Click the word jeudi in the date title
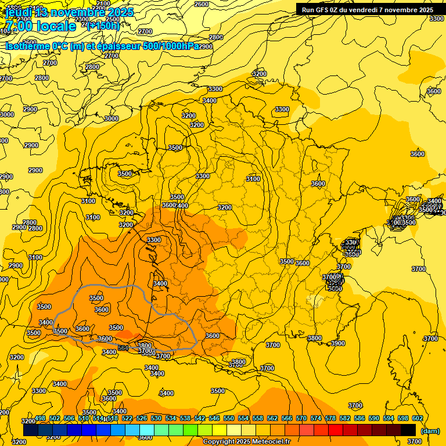[x=20, y=12]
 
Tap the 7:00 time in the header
[x=18, y=27]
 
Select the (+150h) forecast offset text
[x=103, y=26]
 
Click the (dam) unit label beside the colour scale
[x=430, y=431]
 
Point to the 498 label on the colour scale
[x=40, y=419]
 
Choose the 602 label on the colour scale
[x=418, y=419]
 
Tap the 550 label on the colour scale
[x=229, y=419]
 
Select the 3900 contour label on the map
[x=337, y=343]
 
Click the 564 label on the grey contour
[x=123, y=348]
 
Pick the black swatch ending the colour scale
[x=408, y=430]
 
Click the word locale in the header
[x=56, y=27]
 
